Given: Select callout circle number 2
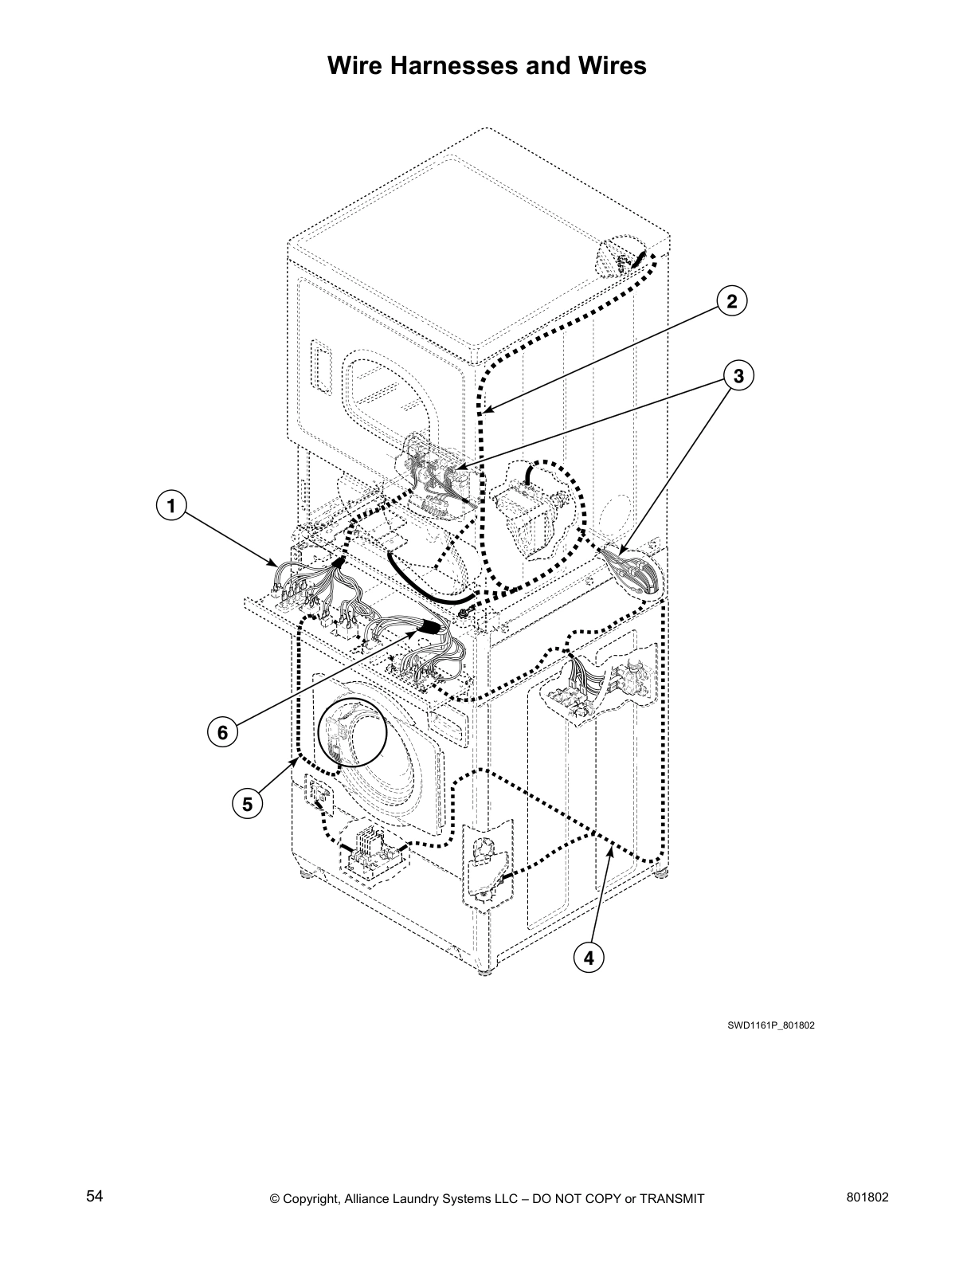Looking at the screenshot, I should [x=732, y=301].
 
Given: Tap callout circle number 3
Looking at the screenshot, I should [x=738, y=375].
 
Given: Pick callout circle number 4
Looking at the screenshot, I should [x=589, y=958].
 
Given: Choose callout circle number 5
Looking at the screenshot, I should [x=247, y=805].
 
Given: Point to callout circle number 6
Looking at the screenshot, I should [x=223, y=731].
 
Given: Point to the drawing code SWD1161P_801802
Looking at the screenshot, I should [x=770, y=1025].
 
